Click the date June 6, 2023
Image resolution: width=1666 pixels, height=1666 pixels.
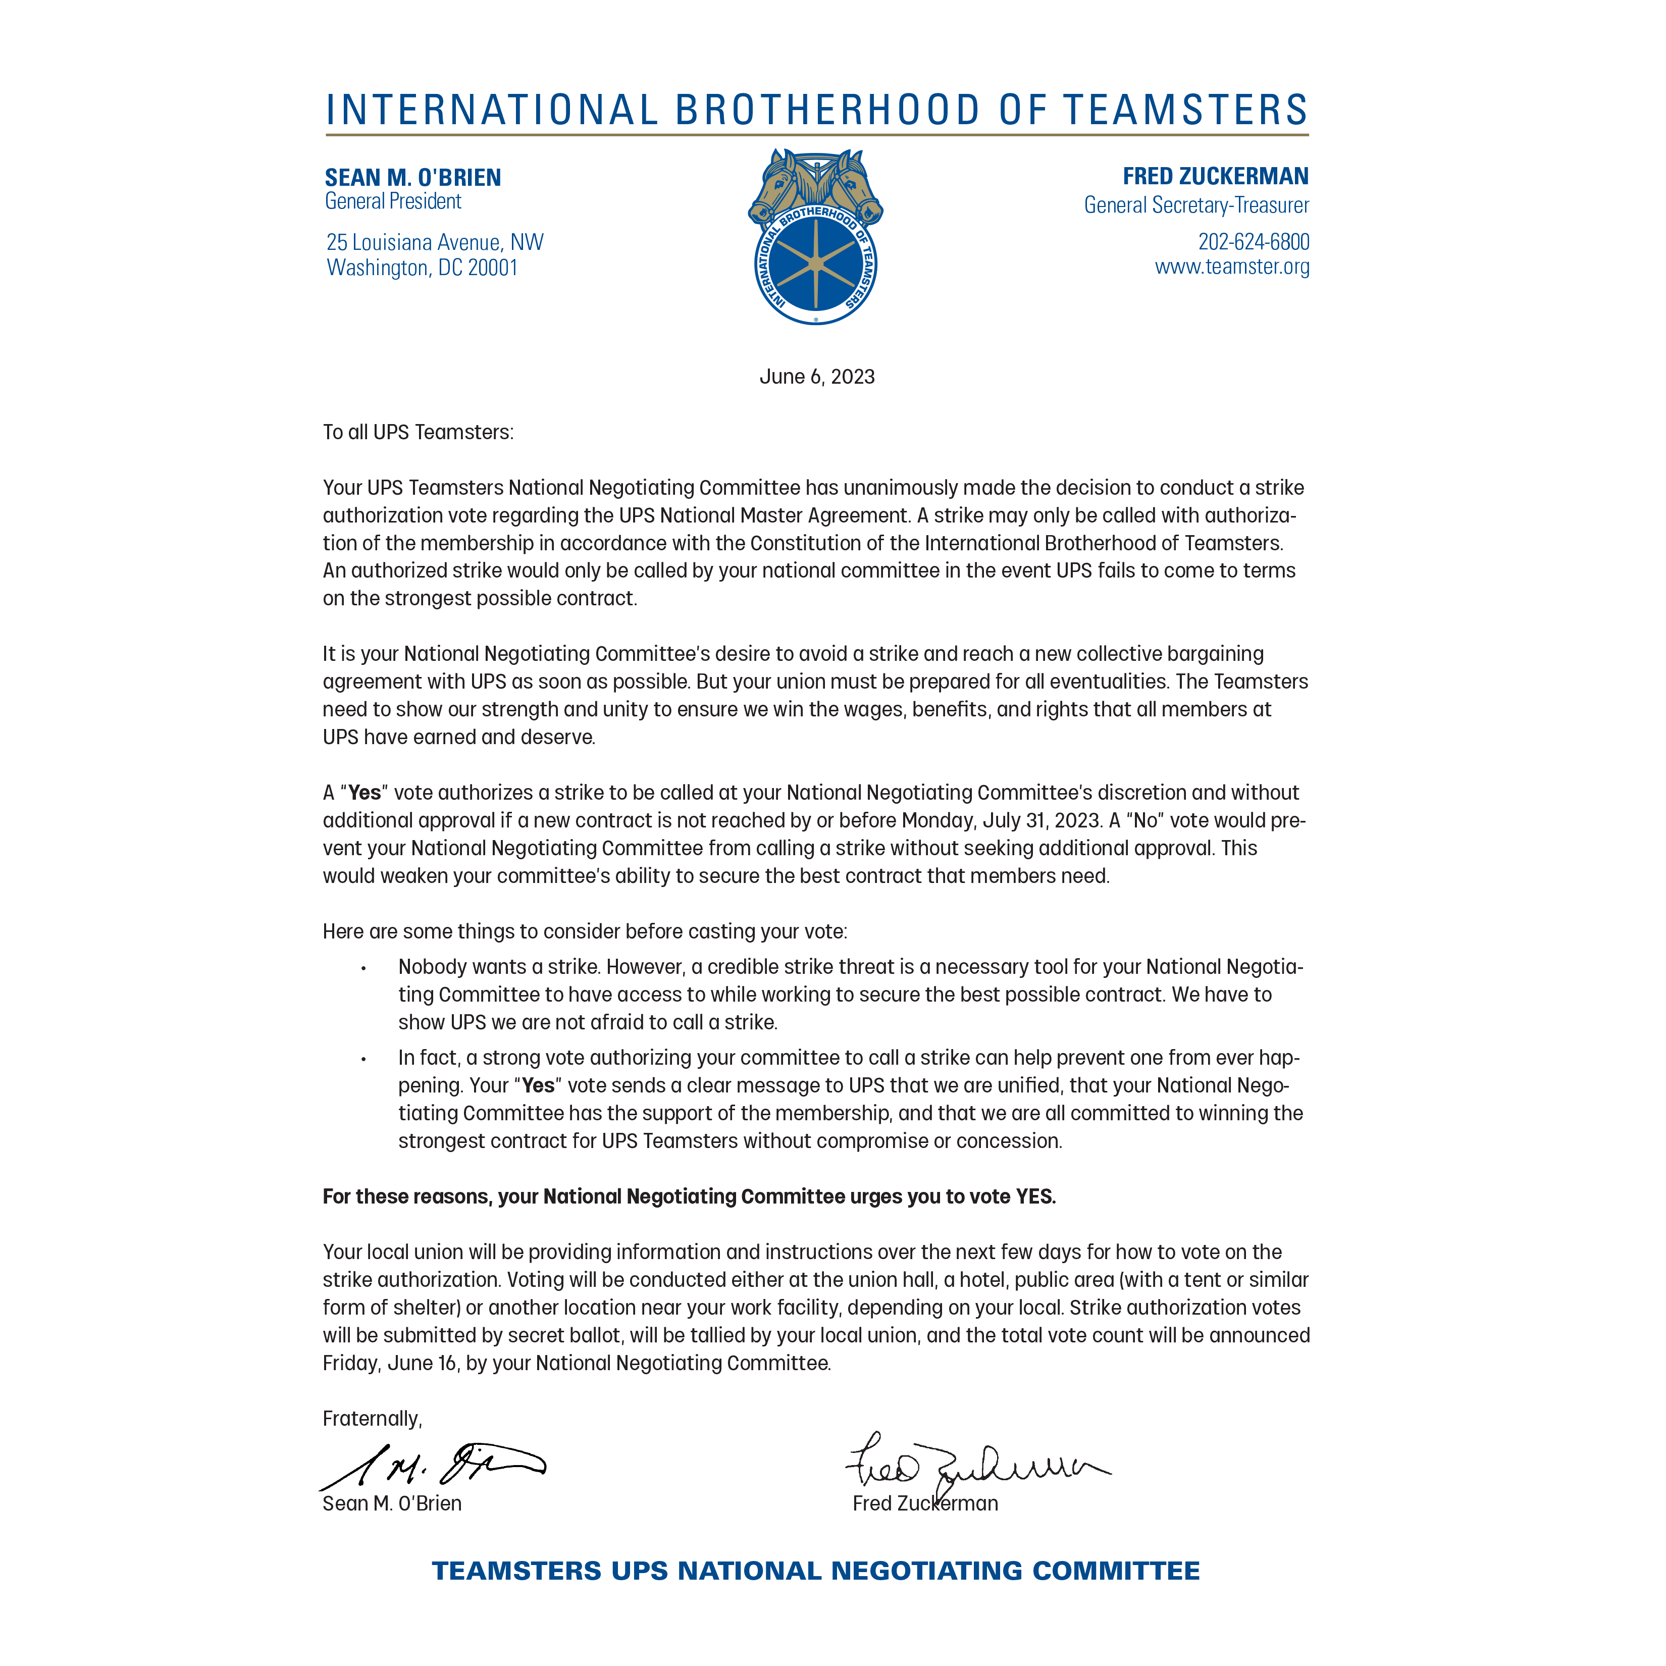[x=817, y=377]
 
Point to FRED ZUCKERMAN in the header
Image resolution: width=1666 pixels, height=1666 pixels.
[x=1215, y=176]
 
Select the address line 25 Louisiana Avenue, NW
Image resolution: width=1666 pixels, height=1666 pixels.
[x=435, y=242]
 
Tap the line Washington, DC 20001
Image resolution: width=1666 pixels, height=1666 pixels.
[x=422, y=268]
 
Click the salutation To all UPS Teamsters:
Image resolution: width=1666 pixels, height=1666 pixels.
[x=418, y=432]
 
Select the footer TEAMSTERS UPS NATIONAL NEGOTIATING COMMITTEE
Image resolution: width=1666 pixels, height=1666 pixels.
[x=816, y=1570]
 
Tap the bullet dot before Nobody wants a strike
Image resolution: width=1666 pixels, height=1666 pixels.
[x=364, y=968]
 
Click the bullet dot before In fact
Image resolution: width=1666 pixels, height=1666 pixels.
[x=364, y=1059]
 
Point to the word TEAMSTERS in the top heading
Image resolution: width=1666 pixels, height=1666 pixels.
[x=1186, y=111]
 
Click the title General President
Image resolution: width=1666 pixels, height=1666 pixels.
[x=393, y=202]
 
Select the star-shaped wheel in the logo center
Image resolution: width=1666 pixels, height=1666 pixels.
[x=815, y=265]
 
